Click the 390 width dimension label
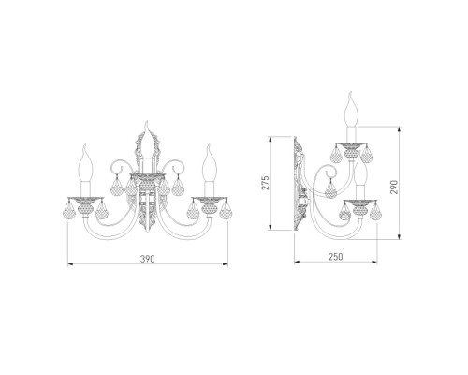pyautogui.click(x=147, y=259)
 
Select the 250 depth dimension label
pyautogui.click(x=335, y=257)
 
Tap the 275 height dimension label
pyautogui.click(x=265, y=183)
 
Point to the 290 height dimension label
pyautogui.click(x=394, y=187)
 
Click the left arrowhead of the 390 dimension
pyautogui.click(x=70, y=264)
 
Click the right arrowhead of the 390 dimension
pyautogui.click(x=226, y=264)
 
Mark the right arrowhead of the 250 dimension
pyautogui.click(x=374, y=262)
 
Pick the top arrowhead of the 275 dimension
pyautogui.click(x=271, y=139)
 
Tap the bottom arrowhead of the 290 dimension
pyautogui.click(x=400, y=237)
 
